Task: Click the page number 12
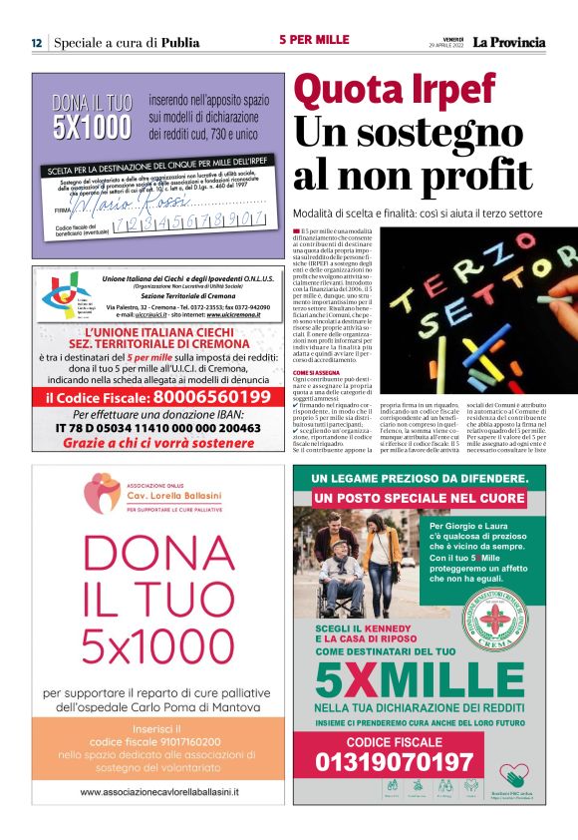36,43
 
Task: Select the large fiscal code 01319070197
395,762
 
